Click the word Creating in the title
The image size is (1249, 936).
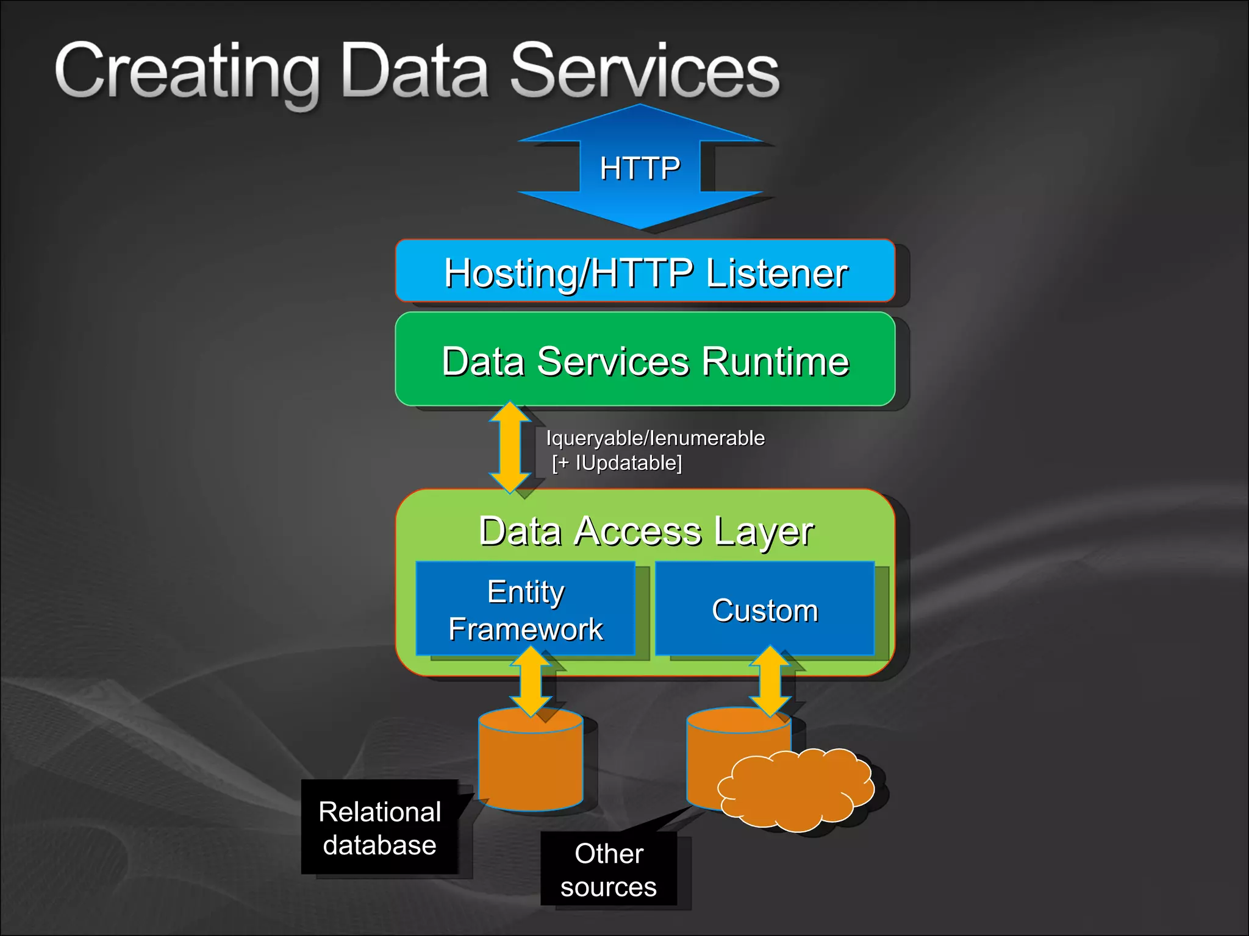coord(187,72)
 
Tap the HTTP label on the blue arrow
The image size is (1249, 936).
coord(640,168)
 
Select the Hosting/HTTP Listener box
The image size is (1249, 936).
coord(645,271)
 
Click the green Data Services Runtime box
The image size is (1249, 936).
coord(645,360)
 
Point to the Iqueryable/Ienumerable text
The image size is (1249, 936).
coord(655,438)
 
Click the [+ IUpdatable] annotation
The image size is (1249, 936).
coord(617,463)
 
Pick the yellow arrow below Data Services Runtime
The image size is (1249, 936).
coord(510,447)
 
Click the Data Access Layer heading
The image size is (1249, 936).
coord(645,531)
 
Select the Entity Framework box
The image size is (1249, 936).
coord(526,609)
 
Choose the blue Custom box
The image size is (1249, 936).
coord(765,609)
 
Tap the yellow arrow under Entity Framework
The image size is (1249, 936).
coord(531,681)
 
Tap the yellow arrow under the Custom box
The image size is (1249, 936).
coord(770,681)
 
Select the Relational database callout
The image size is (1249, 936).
coord(380,828)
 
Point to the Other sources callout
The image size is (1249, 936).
coord(609,870)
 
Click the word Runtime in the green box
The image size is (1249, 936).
coord(775,361)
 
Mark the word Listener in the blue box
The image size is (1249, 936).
coord(776,273)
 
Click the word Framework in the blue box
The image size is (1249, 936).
coord(526,629)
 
